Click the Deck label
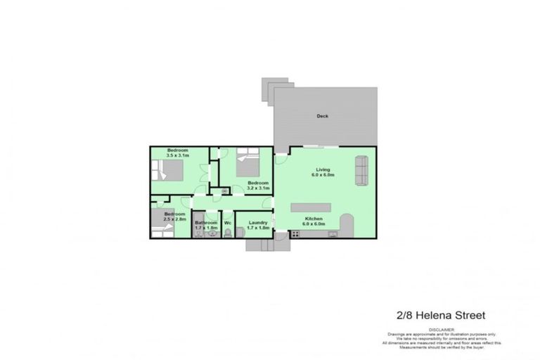322,117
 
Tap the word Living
323,170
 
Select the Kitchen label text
314,219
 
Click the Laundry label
257,223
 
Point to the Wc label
228,224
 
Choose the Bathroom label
206,223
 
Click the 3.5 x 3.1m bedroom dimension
177,155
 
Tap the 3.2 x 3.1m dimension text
257,188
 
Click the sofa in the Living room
361,170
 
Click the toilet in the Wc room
228,233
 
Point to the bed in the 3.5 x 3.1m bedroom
169,171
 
